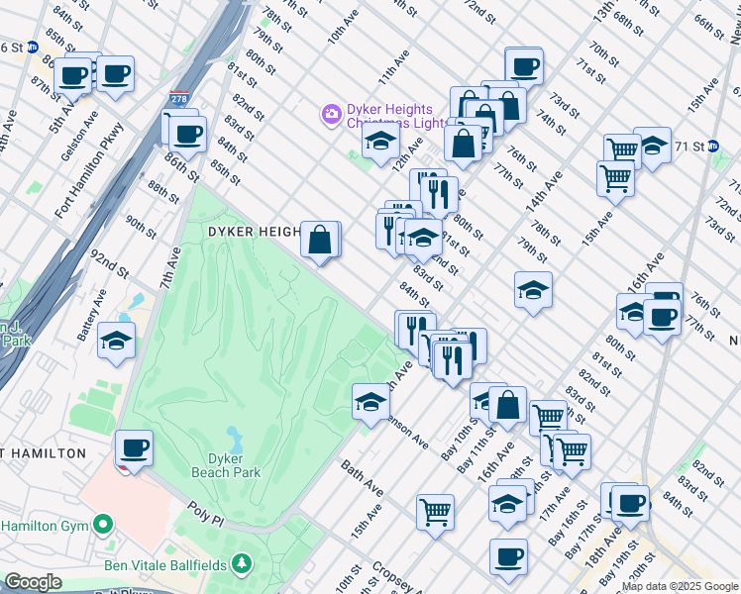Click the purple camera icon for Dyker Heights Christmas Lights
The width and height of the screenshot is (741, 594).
pos(330,116)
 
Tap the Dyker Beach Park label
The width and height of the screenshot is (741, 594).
pos(234,465)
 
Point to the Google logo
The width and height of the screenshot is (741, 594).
pos(32,582)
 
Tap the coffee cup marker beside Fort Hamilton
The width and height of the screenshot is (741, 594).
pos(134,448)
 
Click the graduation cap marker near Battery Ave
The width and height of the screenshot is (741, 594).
pos(117,342)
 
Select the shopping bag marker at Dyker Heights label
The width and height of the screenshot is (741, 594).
pos(320,240)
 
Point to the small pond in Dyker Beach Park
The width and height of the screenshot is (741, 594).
pos(234,436)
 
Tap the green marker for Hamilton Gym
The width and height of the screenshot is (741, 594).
pos(102,524)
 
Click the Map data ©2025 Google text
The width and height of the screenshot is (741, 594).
pos(680,586)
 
